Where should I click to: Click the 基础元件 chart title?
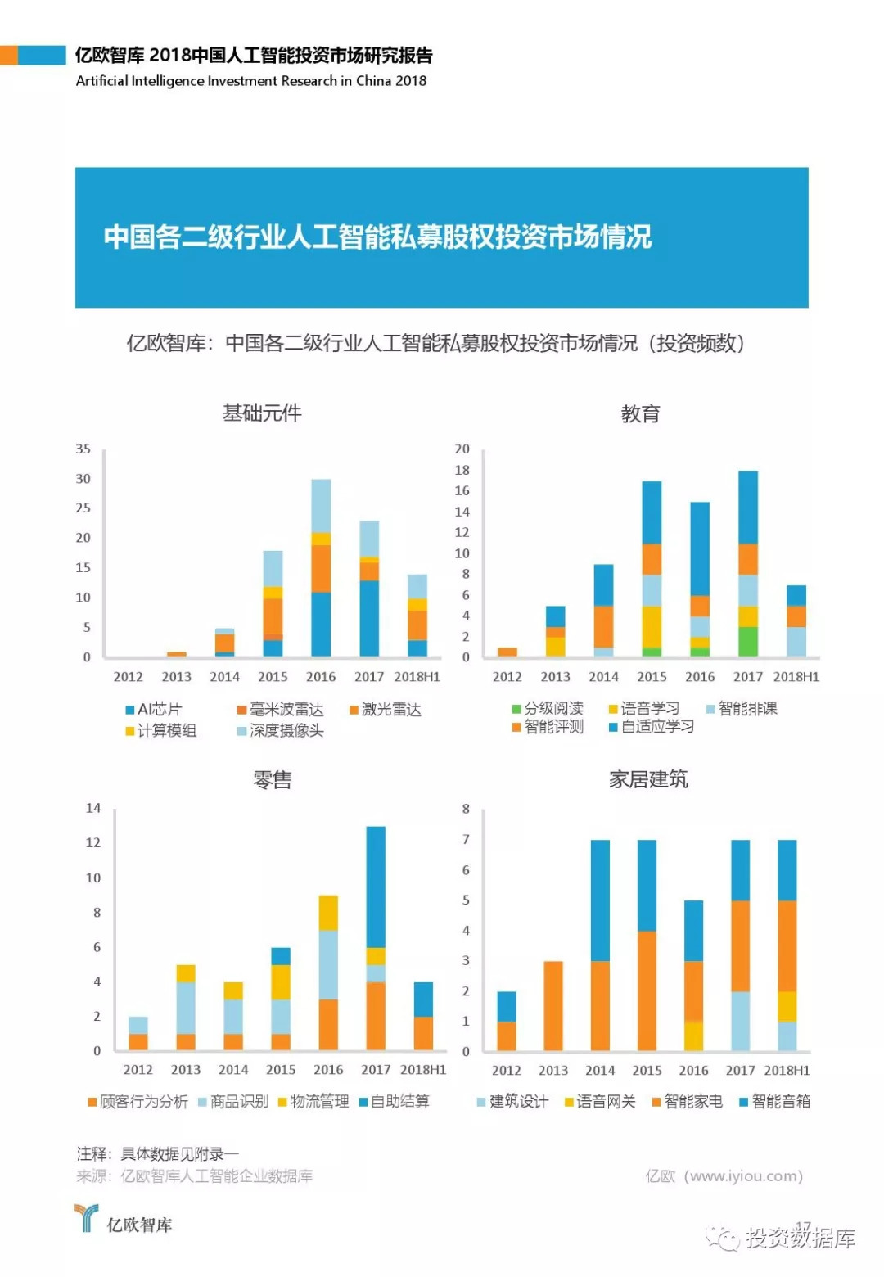[x=262, y=413]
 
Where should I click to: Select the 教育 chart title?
[x=640, y=414]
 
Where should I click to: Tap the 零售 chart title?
[x=272, y=780]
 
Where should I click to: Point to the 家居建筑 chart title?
[x=648, y=779]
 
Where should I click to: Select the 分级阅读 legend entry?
[x=548, y=709]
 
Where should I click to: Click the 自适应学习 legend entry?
[x=652, y=727]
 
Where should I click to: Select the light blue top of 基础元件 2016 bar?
[x=321, y=505]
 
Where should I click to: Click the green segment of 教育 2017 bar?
[x=748, y=641]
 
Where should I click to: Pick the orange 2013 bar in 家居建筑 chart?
[x=553, y=1006]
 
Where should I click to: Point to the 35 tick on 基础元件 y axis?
[x=83, y=449]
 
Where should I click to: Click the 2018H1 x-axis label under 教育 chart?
[x=796, y=677]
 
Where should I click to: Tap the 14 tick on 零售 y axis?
[x=93, y=809]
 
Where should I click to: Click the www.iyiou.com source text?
[x=724, y=1176]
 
